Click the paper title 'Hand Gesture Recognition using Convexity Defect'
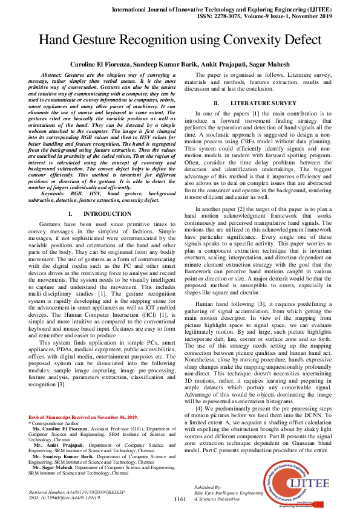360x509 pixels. click(180, 40)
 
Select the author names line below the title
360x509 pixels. click(180, 63)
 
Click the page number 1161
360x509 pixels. click(180, 499)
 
